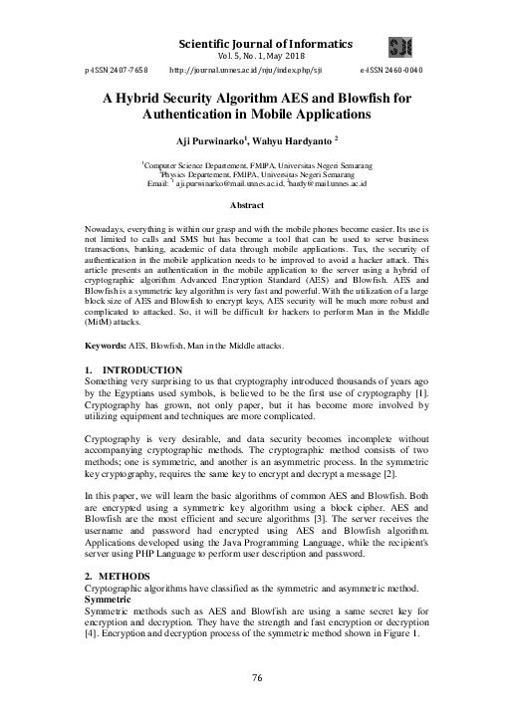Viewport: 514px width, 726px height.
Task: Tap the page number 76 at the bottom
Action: point(257,677)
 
